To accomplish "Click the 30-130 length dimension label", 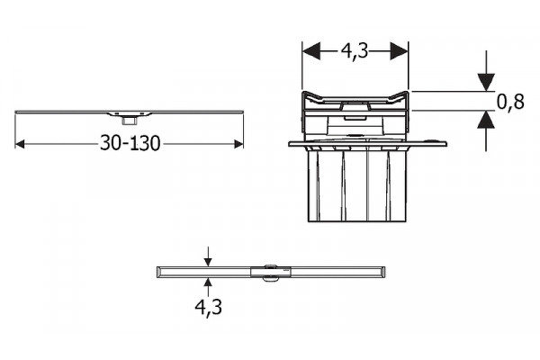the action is pyautogui.click(x=130, y=143).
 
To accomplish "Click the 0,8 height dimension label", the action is pyautogui.click(x=510, y=102).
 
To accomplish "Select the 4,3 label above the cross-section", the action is pyautogui.click(x=355, y=51).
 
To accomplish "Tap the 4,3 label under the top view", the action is pyautogui.click(x=209, y=307).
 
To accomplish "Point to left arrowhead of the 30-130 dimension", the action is pyautogui.click(x=20, y=144).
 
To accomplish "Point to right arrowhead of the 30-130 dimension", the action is pyautogui.click(x=238, y=144).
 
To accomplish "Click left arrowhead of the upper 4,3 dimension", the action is pyautogui.click(x=311, y=51).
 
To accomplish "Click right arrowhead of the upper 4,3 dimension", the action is pyautogui.click(x=399, y=51).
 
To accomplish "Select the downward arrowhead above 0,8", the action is pyautogui.click(x=486, y=83).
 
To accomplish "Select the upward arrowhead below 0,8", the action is pyautogui.click(x=486, y=120).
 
